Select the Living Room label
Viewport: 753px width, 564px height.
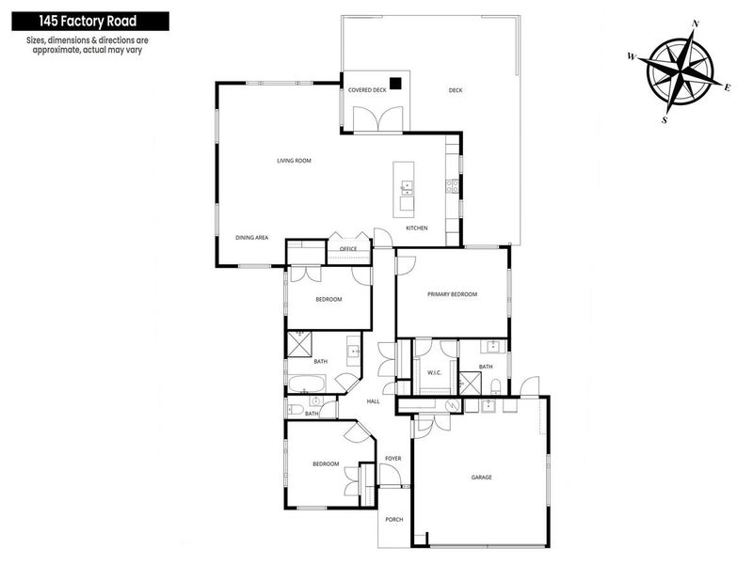point(294,161)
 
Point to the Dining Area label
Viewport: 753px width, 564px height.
point(252,238)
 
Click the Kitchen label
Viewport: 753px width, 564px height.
point(417,228)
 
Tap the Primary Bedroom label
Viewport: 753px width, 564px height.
point(453,294)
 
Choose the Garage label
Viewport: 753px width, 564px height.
point(482,477)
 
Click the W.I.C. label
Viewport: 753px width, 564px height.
point(434,373)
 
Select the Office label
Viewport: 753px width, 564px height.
point(348,248)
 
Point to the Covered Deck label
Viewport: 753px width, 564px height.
point(367,90)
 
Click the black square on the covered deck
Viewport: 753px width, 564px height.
point(397,82)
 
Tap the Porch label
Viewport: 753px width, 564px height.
point(393,518)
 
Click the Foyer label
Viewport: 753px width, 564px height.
point(393,459)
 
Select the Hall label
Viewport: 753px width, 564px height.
point(373,401)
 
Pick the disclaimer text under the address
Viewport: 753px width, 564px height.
point(86,46)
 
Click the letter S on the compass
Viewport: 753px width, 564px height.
point(665,119)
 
